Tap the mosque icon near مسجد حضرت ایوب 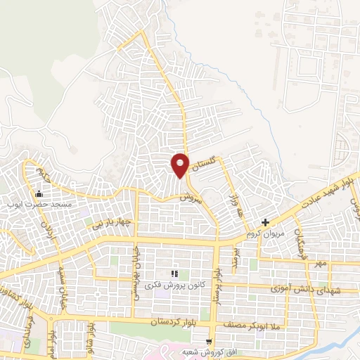[39, 194]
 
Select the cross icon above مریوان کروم [265, 221]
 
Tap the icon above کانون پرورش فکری [173, 274]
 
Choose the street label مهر [320, 264]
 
